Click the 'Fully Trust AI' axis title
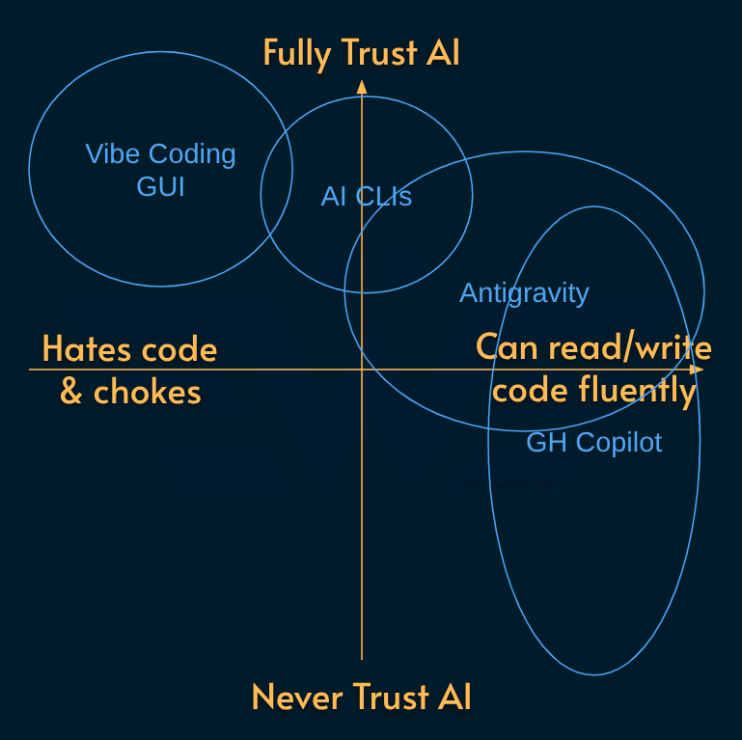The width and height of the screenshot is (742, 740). [x=361, y=52]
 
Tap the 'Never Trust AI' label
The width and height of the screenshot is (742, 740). [x=361, y=696]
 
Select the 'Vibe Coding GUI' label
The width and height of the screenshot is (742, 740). [x=160, y=169]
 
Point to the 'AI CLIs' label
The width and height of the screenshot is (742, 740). [x=366, y=197]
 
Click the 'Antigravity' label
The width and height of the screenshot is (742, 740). [x=524, y=292]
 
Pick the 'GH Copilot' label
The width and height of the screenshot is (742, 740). [x=594, y=442]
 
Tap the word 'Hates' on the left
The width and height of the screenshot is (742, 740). [x=88, y=348]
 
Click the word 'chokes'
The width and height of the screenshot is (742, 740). [x=147, y=392]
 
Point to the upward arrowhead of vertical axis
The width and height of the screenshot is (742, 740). [x=362, y=87]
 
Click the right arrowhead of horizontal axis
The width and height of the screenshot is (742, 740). [x=699, y=370]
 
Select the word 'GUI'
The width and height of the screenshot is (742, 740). [x=160, y=185]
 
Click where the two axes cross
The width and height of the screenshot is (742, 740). [x=362, y=370]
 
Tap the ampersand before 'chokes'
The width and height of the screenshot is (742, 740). [x=70, y=392]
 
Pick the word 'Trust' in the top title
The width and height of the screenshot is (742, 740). [x=371, y=52]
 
